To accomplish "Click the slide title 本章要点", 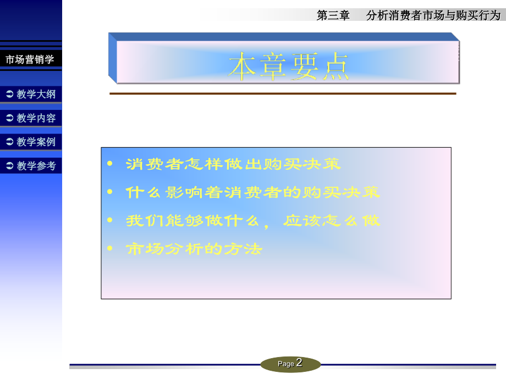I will coord(288,67).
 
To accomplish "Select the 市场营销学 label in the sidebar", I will coord(30,59).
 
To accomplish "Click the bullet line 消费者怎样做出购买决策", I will coord(233,164).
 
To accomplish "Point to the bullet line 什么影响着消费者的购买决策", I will coord(252,193).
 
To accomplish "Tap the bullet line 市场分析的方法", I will coord(194,249).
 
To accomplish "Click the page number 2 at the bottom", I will coord(299,363).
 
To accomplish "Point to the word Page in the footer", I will coord(286,364).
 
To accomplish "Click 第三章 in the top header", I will coord(333,15).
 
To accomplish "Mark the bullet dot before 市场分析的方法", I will coord(110,249).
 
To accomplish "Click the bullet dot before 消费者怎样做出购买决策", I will coord(110,164).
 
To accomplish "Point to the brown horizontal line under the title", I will coord(283,93).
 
